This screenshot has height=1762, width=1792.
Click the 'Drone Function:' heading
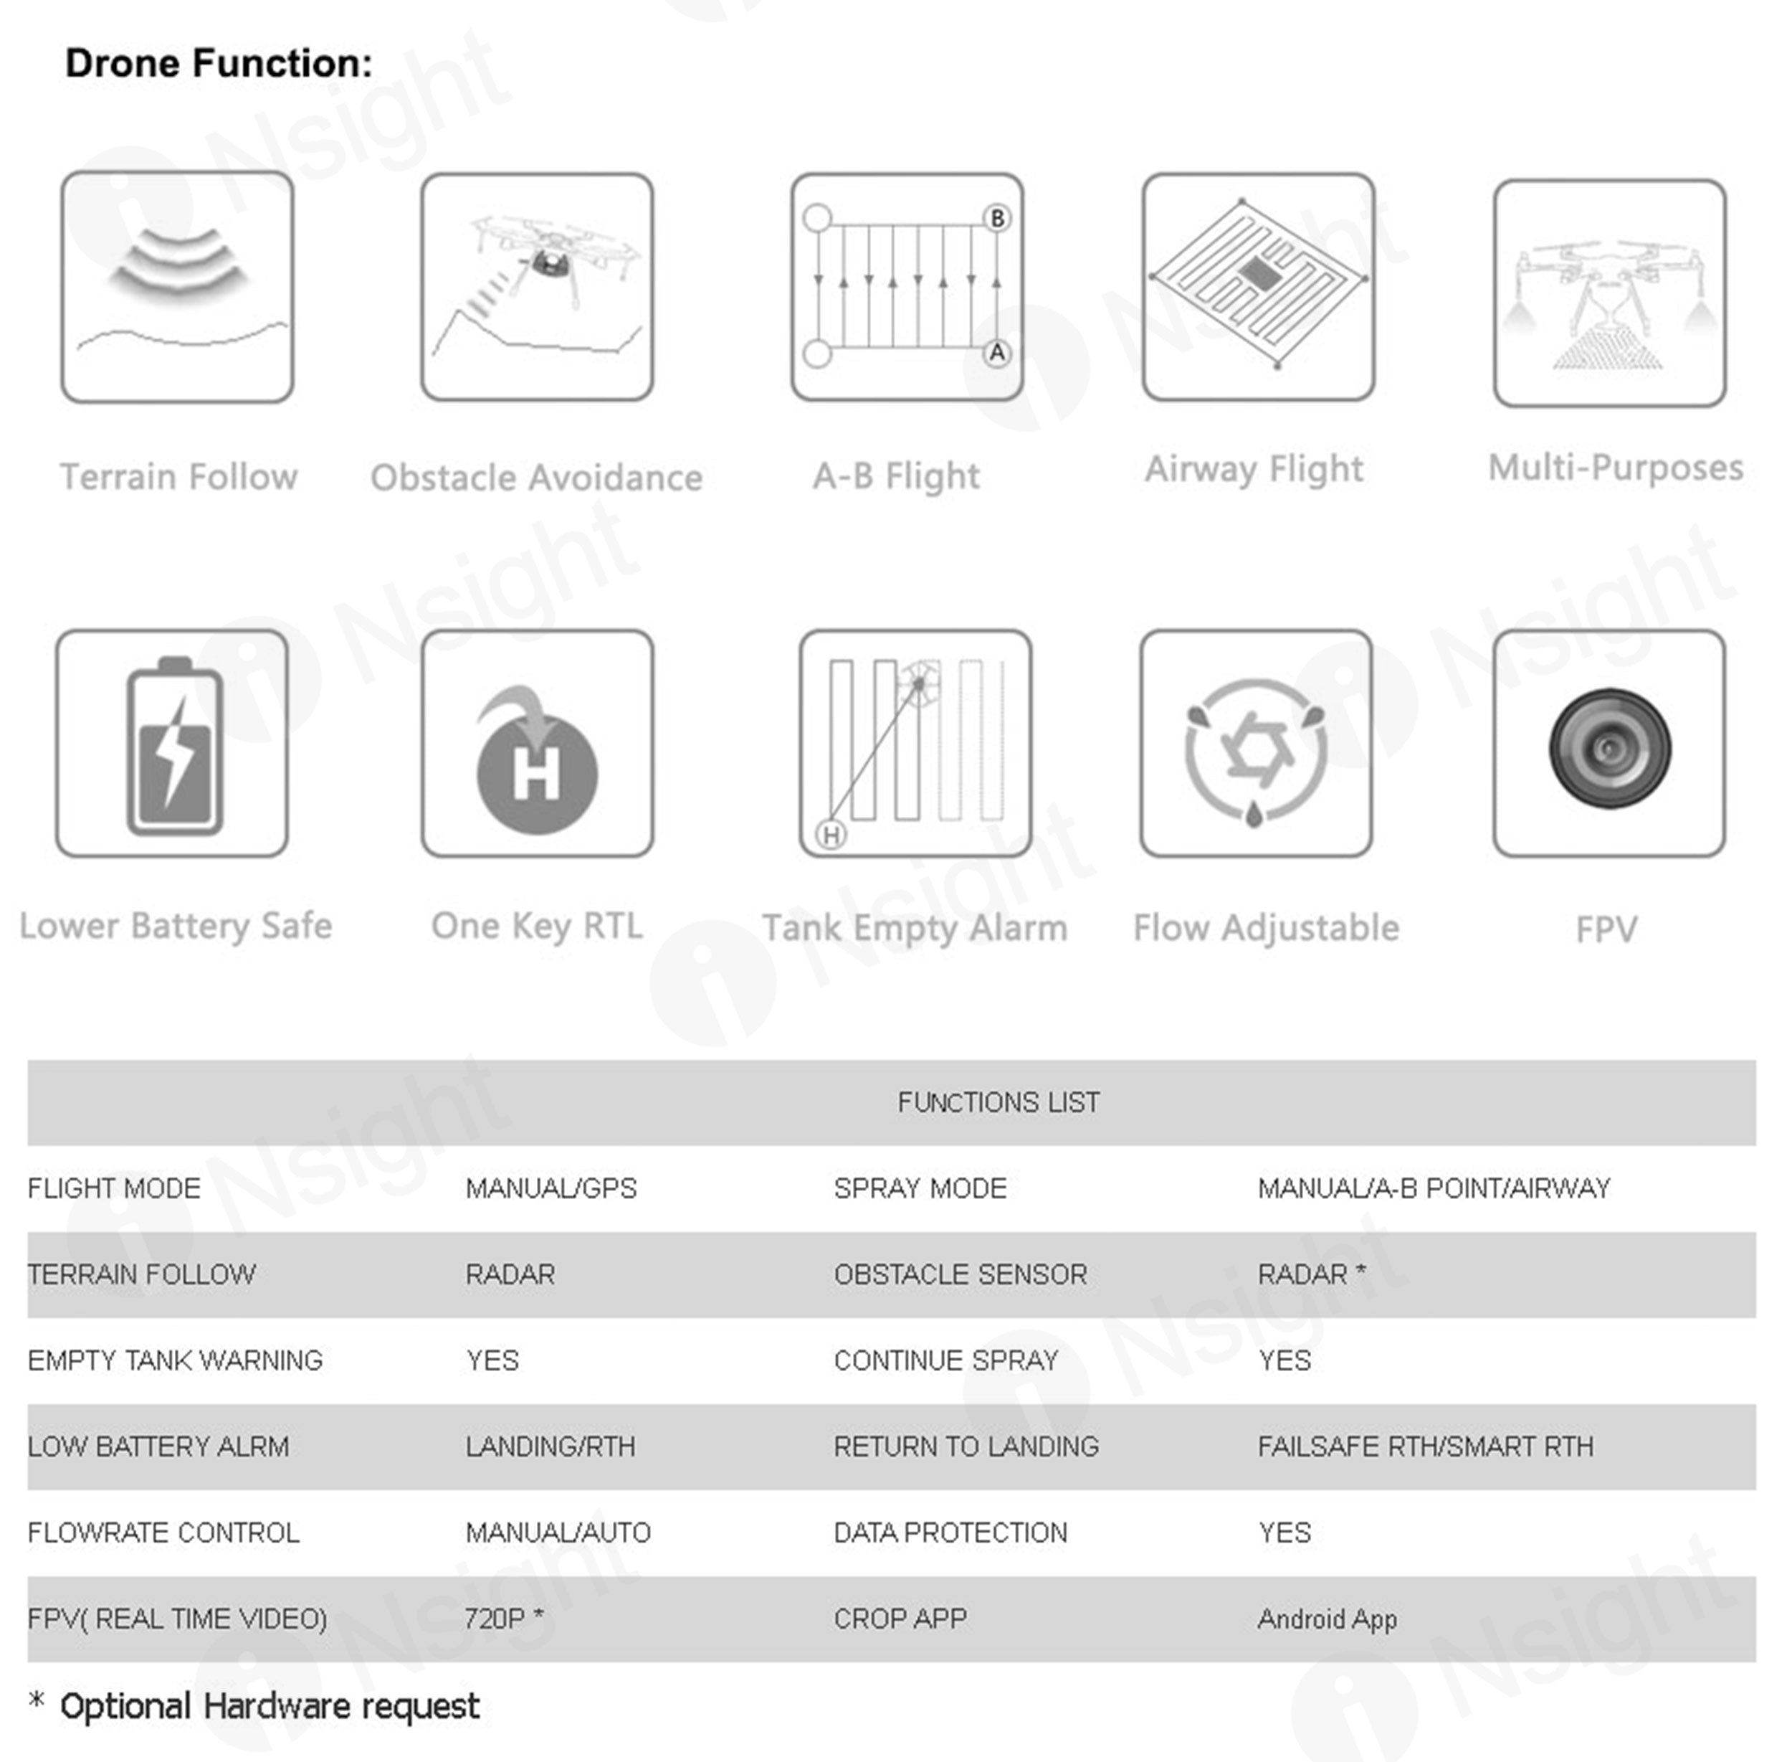click(219, 64)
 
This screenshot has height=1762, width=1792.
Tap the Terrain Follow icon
click(178, 287)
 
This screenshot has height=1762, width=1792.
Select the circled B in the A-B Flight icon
click(996, 219)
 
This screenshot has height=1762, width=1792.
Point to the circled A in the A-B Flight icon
click(996, 353)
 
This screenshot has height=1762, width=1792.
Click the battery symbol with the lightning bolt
click(175, 747)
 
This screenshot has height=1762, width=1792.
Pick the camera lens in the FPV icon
click(1610, 748)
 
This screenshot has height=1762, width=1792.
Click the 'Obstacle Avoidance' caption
click(537, 478)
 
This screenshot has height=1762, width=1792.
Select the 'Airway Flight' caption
click(1254, 469)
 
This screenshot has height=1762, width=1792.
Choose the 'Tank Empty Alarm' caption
click(915, 927)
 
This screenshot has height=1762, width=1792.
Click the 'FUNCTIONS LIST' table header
click(999, 1102)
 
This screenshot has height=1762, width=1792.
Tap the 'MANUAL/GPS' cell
click(551, 1188)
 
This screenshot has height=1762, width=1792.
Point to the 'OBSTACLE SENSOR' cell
click(961, 1274)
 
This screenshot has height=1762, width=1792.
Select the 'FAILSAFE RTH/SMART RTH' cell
click(1425, 1446)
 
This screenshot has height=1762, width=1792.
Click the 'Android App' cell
click(1327, 1619)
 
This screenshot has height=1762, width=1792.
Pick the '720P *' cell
click(504, 1619)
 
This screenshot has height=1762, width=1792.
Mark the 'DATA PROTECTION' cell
click(950, 1533)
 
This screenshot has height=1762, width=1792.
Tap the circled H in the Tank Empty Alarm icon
click(831, 835)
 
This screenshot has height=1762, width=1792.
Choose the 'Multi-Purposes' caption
click(1615, 468)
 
